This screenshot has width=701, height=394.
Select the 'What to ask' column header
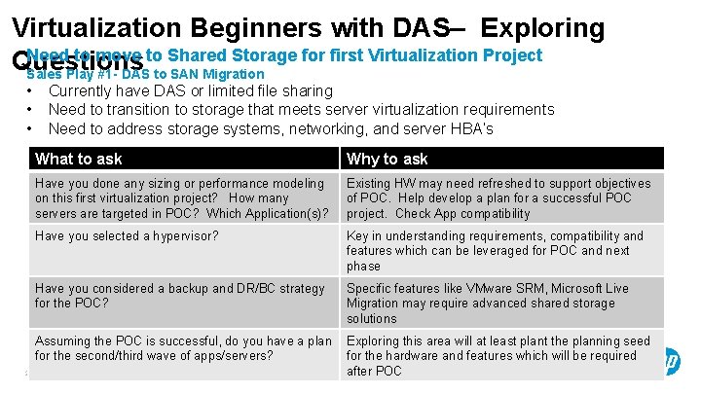pos(79,159)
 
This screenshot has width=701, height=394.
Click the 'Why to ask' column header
pos(387,159)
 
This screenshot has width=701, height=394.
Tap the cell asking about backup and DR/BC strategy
pos(183,296)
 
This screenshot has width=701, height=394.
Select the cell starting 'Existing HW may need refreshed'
pos(502,197)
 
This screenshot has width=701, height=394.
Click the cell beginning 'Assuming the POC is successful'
pos(183,348)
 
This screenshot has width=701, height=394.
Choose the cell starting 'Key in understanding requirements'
pos(502,250)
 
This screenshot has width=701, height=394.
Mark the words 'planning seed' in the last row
pos(603,340)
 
